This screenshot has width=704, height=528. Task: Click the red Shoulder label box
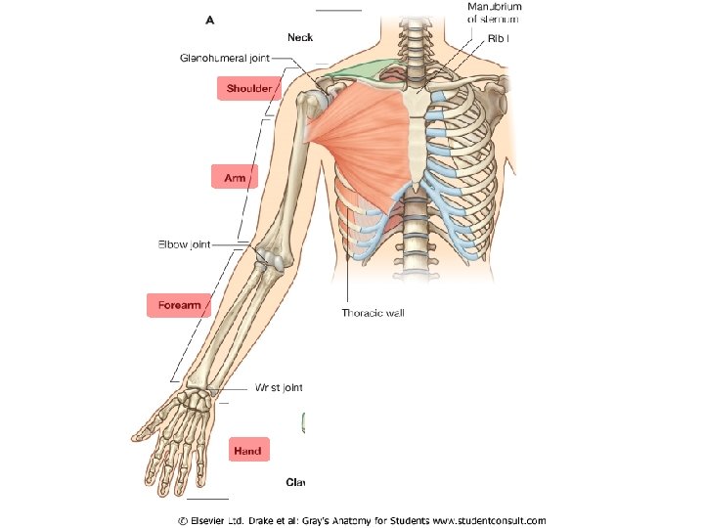(x=248, y=89)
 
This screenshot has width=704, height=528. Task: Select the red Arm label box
(x=235, y=178)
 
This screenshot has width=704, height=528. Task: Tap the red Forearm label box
(x=179, y=305)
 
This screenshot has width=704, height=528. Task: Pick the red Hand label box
(x=247, y=451)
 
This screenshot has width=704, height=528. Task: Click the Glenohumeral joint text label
(x=225, y=59)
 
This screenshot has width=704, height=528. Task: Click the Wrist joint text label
(x=279, y=388)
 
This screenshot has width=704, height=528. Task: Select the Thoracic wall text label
(x=373, y=314)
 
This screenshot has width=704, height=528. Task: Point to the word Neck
(x=300, y=37)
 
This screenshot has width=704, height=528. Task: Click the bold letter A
(x=208, y=17)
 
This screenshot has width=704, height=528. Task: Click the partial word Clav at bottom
(x=295, y=482)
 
